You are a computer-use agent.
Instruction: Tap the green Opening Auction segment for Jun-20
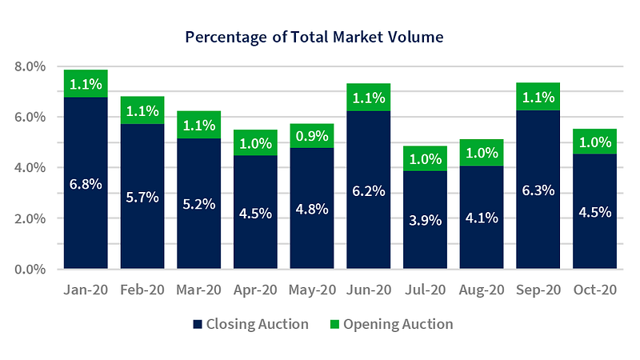pyautogui.click(x=369, y=98)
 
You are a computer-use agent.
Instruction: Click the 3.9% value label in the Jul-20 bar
pyautogui.click(x=425, y=220)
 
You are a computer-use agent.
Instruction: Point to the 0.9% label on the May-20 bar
pyautogui.click(x=312, y=135)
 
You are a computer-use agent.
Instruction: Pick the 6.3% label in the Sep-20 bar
pyautogui.click(x=538, y=190)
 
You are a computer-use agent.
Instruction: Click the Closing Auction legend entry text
pyautogui.click(x=258, y=324)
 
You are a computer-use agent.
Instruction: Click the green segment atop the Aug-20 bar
pyautogui.click(x=482, y=153)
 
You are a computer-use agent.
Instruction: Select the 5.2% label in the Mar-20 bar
pyautogui.click(x=199, y=204)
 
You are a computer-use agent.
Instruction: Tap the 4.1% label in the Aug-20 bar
pyautogui.click(x=482, y=217)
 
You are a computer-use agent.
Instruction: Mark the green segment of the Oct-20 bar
pyautogui.click(x=594, y=142)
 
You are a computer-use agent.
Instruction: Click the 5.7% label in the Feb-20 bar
pyautogui.click(x=142, y=197)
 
